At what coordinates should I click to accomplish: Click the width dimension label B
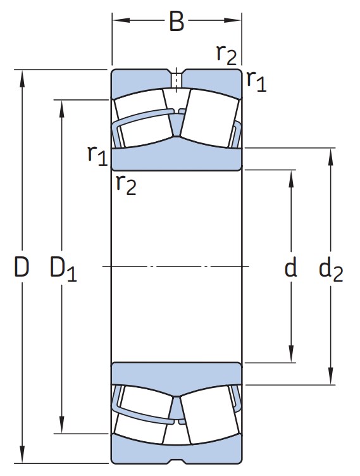pos(177,22)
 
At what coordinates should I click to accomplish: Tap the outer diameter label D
pos(22,267)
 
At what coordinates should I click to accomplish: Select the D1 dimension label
pos(63,269)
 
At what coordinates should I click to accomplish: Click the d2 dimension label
pos(331,270)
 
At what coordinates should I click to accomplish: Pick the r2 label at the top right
pos(227,55)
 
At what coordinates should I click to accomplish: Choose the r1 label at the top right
pos(256,82)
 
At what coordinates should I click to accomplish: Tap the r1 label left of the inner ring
pos(97,156)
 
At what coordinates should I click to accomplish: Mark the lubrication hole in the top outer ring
pos(177,79)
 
